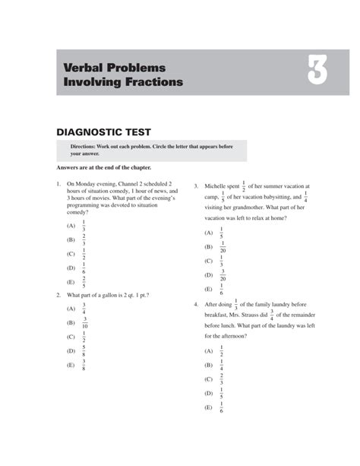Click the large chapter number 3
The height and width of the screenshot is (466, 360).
(x=317, y=73)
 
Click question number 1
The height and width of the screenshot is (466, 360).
(x=58, y=184)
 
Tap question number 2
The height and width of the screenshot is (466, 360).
(x=58, y=294)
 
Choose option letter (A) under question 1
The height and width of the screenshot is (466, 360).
(x=71, y=227)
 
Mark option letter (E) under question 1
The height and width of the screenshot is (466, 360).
(x=71, y=281)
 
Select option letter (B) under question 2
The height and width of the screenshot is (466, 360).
(x=71, y=323)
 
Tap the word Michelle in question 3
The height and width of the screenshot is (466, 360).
(x=218, y=185)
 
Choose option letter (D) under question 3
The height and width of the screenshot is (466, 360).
(x=208, y=275)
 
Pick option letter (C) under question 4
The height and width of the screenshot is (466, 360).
(x=208, y=379)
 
